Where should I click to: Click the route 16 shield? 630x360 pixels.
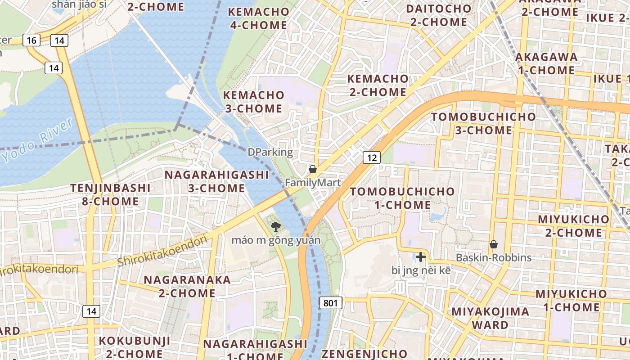point(31,40)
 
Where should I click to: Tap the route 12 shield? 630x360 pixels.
point(371,157)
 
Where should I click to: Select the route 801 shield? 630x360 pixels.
point(330,303)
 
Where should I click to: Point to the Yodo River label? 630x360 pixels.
point(37,140)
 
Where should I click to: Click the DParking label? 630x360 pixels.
point(270,152)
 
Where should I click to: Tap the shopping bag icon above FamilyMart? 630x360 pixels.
point(313,170)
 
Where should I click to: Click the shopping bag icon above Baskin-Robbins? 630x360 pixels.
point(494,244)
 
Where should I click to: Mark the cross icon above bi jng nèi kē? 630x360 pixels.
point(421,257)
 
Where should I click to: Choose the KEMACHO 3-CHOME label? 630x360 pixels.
point(254,102)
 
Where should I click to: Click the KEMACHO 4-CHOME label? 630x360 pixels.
point(258,18)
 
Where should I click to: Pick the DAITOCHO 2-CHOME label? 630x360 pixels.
point(438,15)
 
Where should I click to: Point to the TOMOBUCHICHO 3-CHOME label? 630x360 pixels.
point(483,124)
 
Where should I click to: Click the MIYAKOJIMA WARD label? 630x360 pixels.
point(490,318)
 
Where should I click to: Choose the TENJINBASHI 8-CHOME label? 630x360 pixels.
point(110,194)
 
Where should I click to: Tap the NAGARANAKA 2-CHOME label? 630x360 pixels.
point(187,286)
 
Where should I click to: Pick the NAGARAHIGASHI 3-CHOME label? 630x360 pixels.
point(216,181)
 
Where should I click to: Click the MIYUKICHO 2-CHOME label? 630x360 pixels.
point(574,226)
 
